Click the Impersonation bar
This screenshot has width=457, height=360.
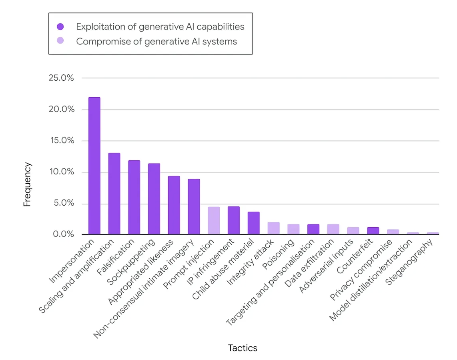click(x=94, y=166)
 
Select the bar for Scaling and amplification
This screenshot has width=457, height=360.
click(x=114, y=194)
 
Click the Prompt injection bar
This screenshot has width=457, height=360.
click(x=214, y=220)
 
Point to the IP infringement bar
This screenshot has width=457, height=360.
click(x=234, y=220)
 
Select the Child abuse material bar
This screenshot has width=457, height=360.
click(x=253, y=223)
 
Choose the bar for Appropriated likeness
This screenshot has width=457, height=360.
click(x=174, y=205)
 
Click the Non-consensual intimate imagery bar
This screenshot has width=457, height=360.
click(x=194, y=207)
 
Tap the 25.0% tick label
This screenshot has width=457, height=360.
click(x=61, y=78)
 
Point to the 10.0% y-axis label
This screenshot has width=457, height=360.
click(x=61, y=172)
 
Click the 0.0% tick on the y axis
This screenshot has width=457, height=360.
click(x=63, y=234)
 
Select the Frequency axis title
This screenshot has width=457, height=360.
click(x=27, y=184)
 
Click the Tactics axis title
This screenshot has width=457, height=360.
click(x=243, y=348)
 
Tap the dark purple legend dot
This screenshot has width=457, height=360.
click(x=60, y=27)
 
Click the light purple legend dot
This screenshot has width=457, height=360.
click(x=60, y=41)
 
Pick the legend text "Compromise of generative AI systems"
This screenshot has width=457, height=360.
click(x=156, y=41)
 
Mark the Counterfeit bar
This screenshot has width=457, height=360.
click(x=373, y=231)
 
